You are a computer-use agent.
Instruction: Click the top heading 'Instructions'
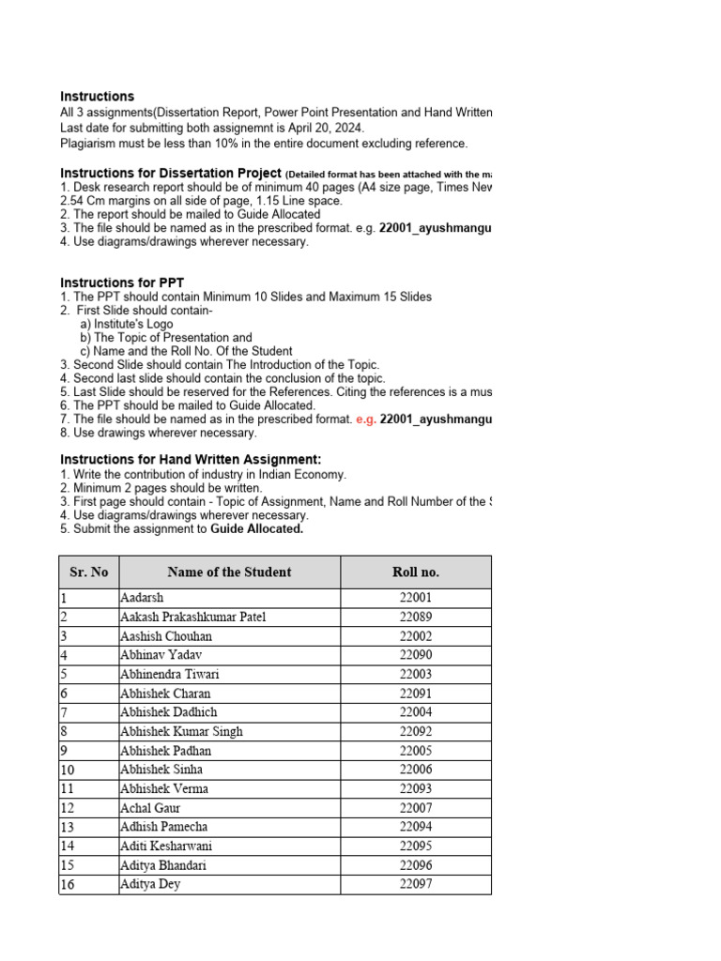coord(97,97)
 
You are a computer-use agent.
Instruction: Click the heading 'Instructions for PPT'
coord(122,282)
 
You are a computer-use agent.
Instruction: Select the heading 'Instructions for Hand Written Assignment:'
coord(191,459)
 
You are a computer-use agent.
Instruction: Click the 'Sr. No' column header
coord(88,572)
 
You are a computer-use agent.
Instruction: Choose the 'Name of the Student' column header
coord(229,572)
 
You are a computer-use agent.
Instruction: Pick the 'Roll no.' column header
coord(415,572)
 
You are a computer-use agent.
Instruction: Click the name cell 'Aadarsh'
coord(142,598)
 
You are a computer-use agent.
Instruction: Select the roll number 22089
coord(415,617)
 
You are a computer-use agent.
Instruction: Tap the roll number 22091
coord(415,694)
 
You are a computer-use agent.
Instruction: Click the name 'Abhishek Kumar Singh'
coord(181,731)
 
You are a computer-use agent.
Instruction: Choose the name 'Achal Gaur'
coord(150,808)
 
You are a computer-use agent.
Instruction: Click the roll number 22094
coord(415,827)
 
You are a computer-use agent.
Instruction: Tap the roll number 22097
coord(415,884)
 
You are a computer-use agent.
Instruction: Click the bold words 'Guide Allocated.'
coord(256,528)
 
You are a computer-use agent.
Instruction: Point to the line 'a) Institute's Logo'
coord(126,324)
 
